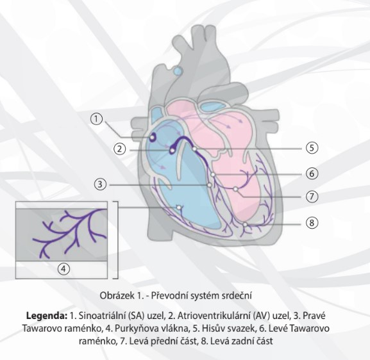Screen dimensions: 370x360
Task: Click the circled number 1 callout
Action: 96,119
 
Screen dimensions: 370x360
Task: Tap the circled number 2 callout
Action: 120,149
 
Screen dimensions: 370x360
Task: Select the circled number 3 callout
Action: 100,184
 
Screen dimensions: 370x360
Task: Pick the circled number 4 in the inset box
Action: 64,269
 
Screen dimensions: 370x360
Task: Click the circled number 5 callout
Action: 312,148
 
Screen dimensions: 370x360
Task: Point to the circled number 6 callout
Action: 312,174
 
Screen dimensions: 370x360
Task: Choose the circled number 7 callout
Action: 312,196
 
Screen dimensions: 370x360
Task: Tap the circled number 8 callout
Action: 312,222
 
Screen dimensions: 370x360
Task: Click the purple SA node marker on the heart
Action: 152,137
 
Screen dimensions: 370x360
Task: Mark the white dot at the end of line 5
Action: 194,149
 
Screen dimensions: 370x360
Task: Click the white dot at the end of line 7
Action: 235,189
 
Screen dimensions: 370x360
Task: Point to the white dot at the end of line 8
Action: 245,224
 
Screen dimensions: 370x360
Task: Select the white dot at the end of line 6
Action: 213,174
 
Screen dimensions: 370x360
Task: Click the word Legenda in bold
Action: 47,316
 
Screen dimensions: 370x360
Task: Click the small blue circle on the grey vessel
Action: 178,70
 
